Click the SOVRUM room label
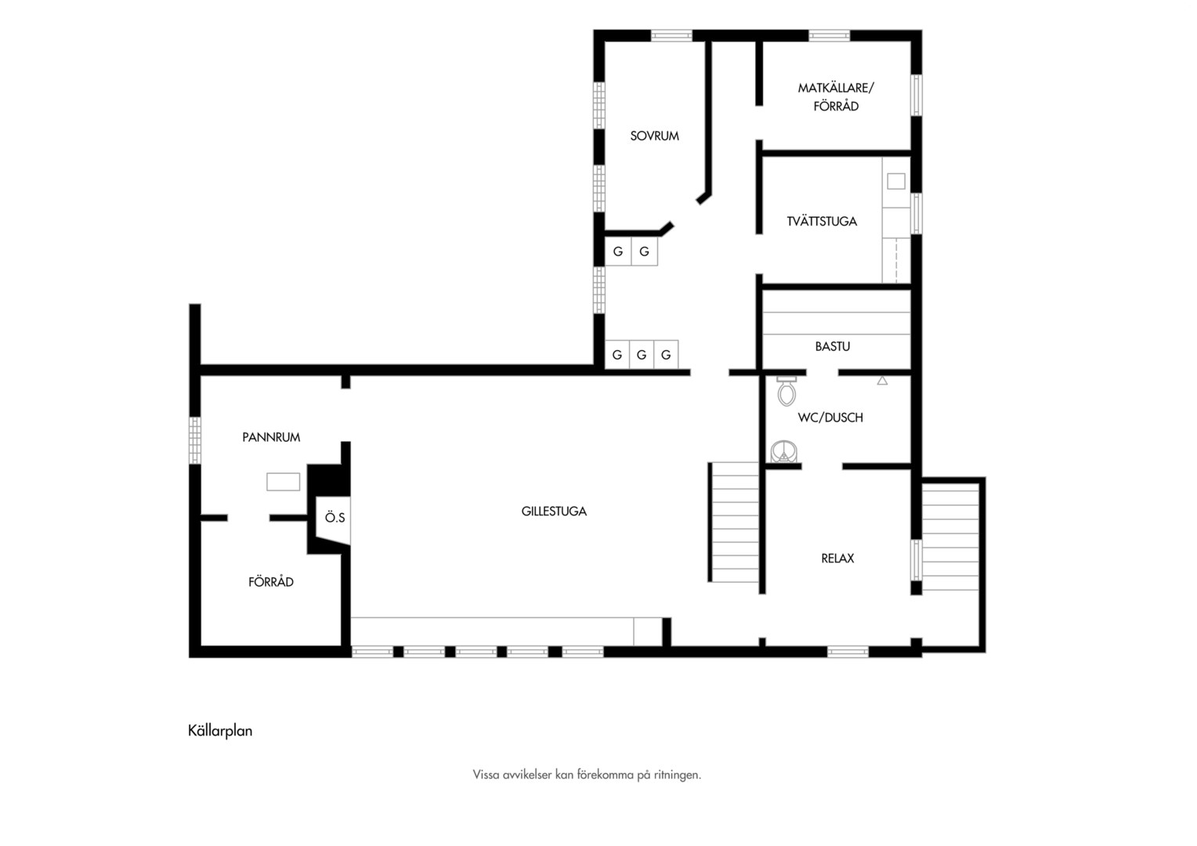tap(655, 136)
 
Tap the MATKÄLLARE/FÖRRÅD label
tap(836, 96)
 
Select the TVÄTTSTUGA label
tap(822, 221)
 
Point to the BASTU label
tap(833, 346)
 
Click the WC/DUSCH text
tap(830, 418)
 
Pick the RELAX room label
tap(837, 559)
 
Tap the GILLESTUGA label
tap(554, 512)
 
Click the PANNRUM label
tap(271, 437)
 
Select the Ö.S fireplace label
tap(335, 517)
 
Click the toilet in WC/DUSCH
tap(787, 391)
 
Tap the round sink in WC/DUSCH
tap(784, 452)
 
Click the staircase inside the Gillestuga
tap(734, 522)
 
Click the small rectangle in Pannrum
tap(284, 482)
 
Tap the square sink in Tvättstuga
tap(896, 181)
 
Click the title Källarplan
tap(220, 731)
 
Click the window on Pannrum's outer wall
tap(195, 440)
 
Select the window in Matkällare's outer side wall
tap(917, 95)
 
